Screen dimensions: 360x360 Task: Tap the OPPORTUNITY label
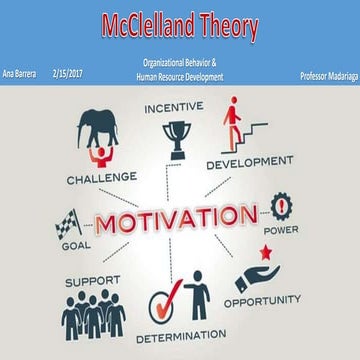[261, 299]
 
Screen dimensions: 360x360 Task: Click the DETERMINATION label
[180, 337]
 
